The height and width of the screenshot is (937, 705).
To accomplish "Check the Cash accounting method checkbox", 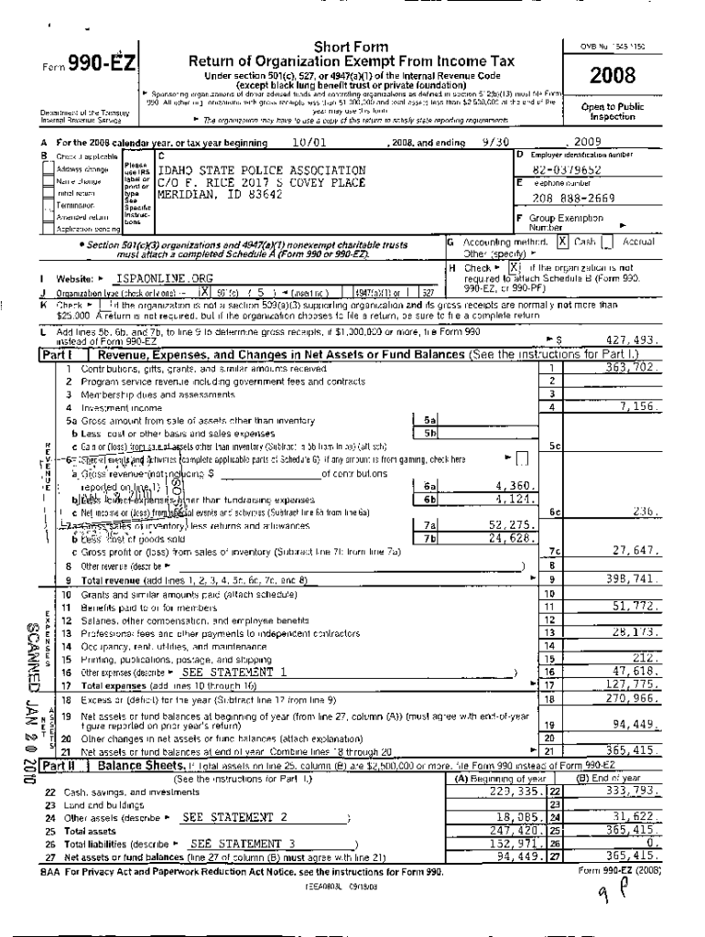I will coord(563,242).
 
